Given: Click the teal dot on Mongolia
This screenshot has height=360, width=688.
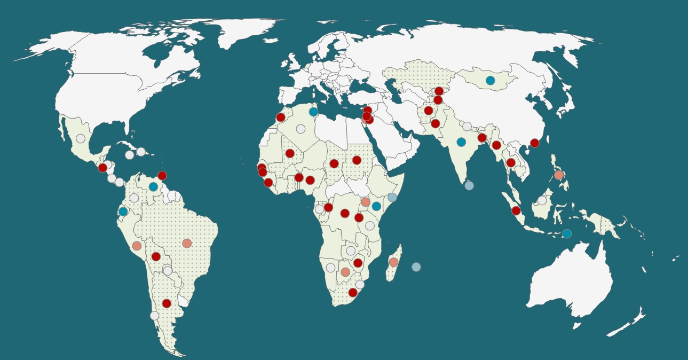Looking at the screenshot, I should (x=490, y=81).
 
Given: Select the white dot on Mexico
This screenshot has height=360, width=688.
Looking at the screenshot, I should (x=81, y=138).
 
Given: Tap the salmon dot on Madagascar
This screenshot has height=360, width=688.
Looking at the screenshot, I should (x=393, y=262).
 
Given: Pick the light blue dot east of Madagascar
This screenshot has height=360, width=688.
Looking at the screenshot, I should (x=416, y=267).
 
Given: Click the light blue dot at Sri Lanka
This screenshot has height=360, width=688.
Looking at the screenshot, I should (x=469, y=185).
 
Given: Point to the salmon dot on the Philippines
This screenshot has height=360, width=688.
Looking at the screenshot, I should (x=559, y=175).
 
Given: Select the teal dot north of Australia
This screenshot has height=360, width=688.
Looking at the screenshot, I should (x=567, y=233).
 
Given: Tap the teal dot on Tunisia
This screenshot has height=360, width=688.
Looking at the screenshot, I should (x=313, y=112).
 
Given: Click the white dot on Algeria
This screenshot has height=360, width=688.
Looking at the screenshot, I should (x=300, y=129).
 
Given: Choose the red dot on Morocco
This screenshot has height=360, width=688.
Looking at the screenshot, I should (x=281, y=118).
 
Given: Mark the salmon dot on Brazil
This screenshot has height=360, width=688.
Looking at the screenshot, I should (x=187, y=244).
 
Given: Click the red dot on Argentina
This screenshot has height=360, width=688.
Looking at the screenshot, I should (x=167, y=303).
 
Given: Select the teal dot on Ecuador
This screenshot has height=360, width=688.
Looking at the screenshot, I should (x=123, y=212).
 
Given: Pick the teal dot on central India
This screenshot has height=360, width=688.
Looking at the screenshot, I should (x=461, y=142).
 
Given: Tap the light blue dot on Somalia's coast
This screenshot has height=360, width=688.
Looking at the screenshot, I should (x=392, y=197).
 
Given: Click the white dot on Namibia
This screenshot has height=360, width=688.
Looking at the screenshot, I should (x=331, y=268).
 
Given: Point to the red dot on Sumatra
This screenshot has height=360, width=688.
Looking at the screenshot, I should (x=516, y=210).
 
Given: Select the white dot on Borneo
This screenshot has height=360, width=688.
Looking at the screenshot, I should (x=542, y=200).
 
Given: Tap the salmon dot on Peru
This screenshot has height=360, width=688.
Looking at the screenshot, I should (x=137, y=246).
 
